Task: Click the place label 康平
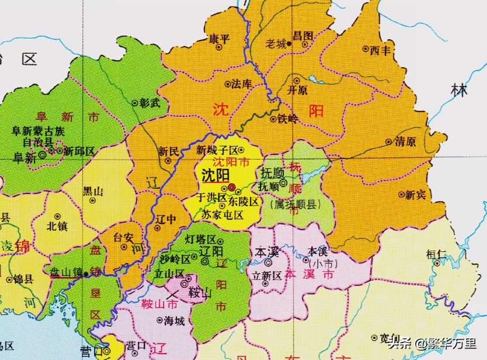pyautogui.click(x=220, y=39)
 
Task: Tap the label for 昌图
pyautogui.click(x=303, y=36)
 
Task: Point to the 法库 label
pyautogui.click(x=241, y=84)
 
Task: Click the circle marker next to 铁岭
pyautogui.click(x=273, y=119)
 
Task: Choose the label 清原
pyautogui.click(x=405, y=142)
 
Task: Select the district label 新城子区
pyautogui.click(x=217, y=150)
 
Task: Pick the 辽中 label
pyautogui.click(x=166, y=219)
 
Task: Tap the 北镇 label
pyautogui.click(x=57, y=224)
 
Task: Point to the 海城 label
pyautogui.click(x=174, y=320)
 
